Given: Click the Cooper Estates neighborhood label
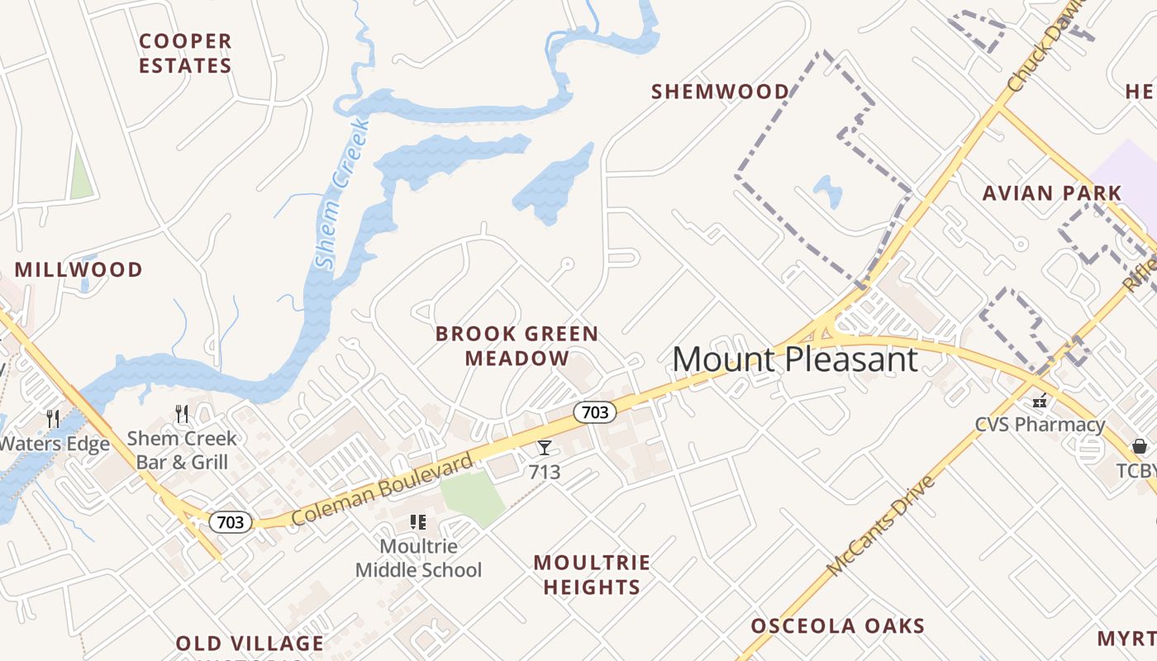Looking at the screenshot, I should pos(185,53).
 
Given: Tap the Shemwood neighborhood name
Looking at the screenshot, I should pos(720,91).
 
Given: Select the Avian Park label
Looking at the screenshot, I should pos(1052,193).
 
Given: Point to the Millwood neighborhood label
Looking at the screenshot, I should pos(79,269).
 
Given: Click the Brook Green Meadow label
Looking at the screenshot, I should pos(517,345).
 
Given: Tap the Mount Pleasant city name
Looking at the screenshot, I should pos(794,359).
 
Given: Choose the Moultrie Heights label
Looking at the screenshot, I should pos(591,575).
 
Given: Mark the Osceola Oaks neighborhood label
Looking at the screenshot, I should pos(837,625).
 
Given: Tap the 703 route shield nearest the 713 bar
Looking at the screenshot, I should pos(595,411).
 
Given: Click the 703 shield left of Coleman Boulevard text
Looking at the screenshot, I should pos(231,522).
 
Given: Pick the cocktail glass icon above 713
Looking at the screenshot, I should pos(545,448).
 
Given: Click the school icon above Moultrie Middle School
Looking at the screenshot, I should pos(418,522).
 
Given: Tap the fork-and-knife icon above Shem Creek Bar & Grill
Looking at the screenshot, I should pos(182,414).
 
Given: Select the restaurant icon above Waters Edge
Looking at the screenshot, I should pos(54,418).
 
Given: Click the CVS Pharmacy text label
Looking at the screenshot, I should pos(1040,425).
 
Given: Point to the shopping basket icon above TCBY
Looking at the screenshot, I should pos(1140,447).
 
